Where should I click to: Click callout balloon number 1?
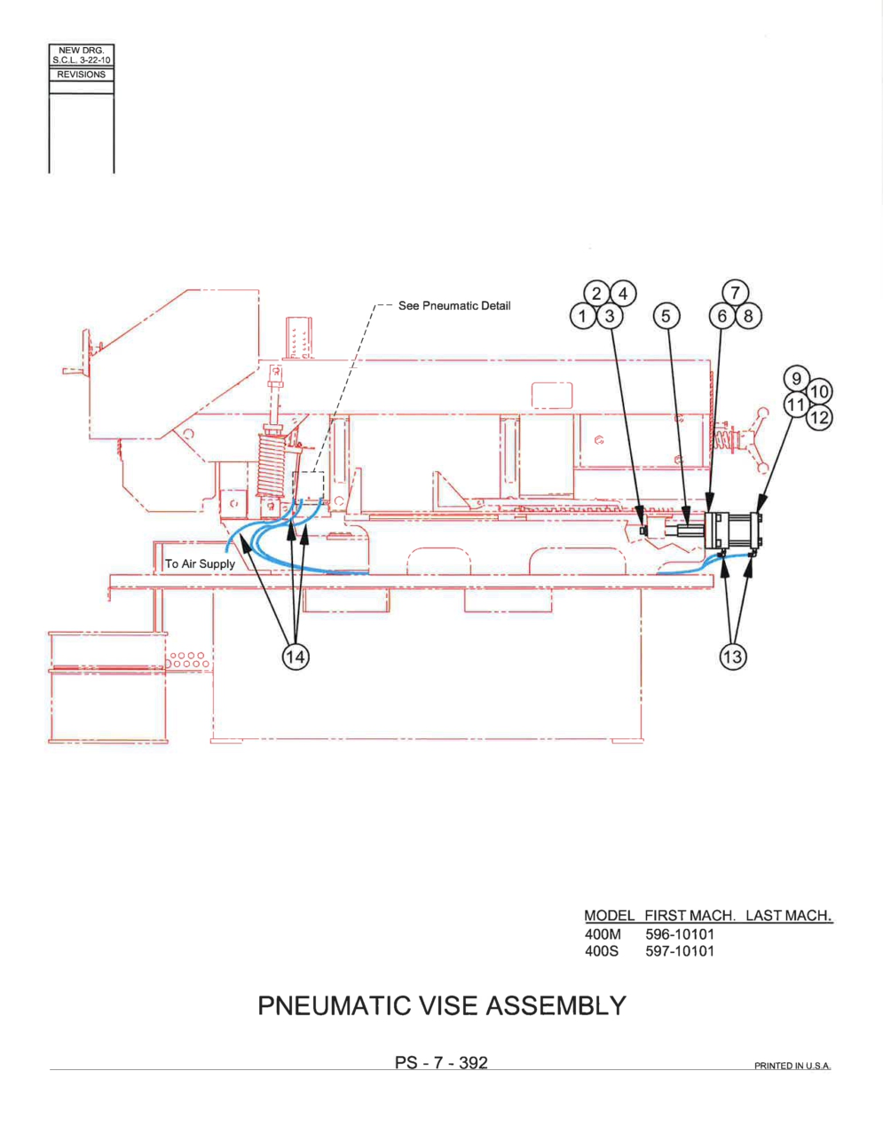click(x=583, y=317)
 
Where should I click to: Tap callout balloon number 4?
click(x=623, y=293)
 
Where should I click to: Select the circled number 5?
click(x=666, y=317)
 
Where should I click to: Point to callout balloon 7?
click(x=736, y=293)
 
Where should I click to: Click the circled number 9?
click(x=797, y=379)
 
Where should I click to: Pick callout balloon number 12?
click(x=819, y=418)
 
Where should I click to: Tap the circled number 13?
click(x=733, y=657)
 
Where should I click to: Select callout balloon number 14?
click(x=296, y=657)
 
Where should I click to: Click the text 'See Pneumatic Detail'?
click(x=454, y=306)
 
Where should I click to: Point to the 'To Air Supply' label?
click(x=200, y=564)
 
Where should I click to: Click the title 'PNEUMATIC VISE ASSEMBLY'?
click(x=442, y=1006)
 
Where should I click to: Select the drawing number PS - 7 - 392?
click(x=442, y=1063)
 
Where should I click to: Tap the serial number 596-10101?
click(x=680, y=934)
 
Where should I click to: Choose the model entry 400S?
click(x=602, y=951)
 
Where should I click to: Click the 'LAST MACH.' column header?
click(x=789, y=916)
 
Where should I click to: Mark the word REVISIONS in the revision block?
click(x=82, y=75)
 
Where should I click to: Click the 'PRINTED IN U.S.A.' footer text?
click(x=792, y=1066)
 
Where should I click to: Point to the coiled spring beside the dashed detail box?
click(x=272, y=464)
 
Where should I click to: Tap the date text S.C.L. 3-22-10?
click(x=82, y=60)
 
